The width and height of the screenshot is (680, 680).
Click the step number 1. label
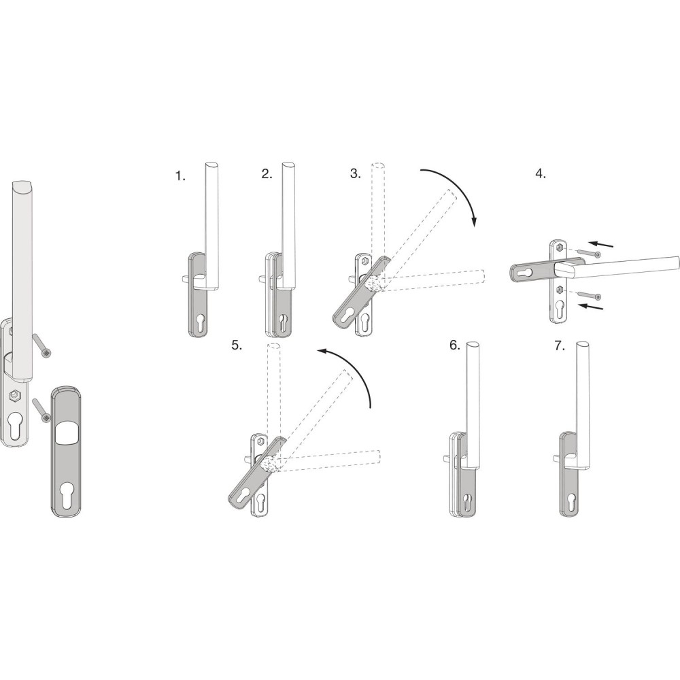pyautogui.click(x=180, y=176)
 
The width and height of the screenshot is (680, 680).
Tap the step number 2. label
pyautogui.click(x=267, y=174)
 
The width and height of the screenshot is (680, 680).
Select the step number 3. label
pyautogui.click(x=356, y=173)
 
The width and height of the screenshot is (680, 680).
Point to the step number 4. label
pyautogui.click(x=541, y=174)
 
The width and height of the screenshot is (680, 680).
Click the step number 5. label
pyautogui.click(x=237, y=345)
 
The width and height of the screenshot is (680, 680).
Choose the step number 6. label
pyautogui.click(x=454, y=345)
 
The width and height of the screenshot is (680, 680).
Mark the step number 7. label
pyautogui.click(x=560, y=345)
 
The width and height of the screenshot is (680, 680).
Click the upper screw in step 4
pyautogui.click(x=588, y=253)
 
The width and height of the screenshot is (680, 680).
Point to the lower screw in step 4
pyautogui.click(x=589, y=295)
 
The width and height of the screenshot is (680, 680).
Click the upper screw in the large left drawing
pyautogui.click(x=41, y=346)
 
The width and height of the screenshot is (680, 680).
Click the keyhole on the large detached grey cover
pyautogui.click(x=69, y=494)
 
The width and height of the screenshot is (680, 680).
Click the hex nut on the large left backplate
pyautogui.click(x=16, y=396)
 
